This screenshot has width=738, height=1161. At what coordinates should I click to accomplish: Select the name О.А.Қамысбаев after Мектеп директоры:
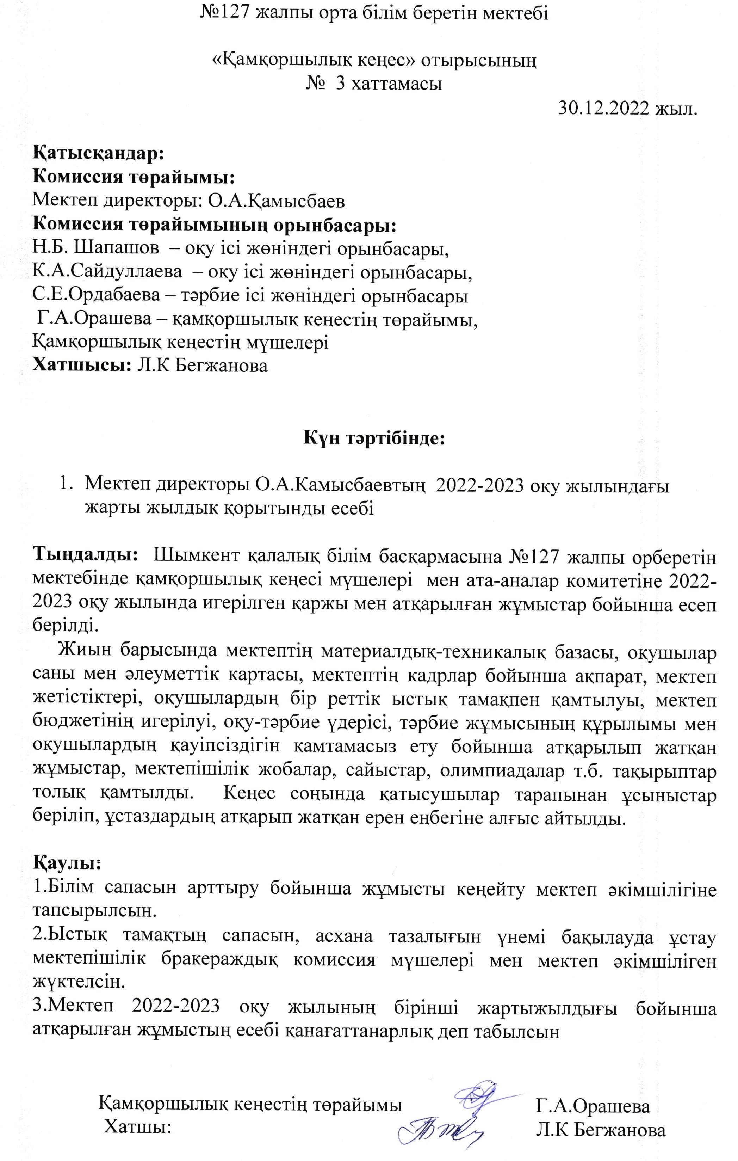[x=276, y=201]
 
